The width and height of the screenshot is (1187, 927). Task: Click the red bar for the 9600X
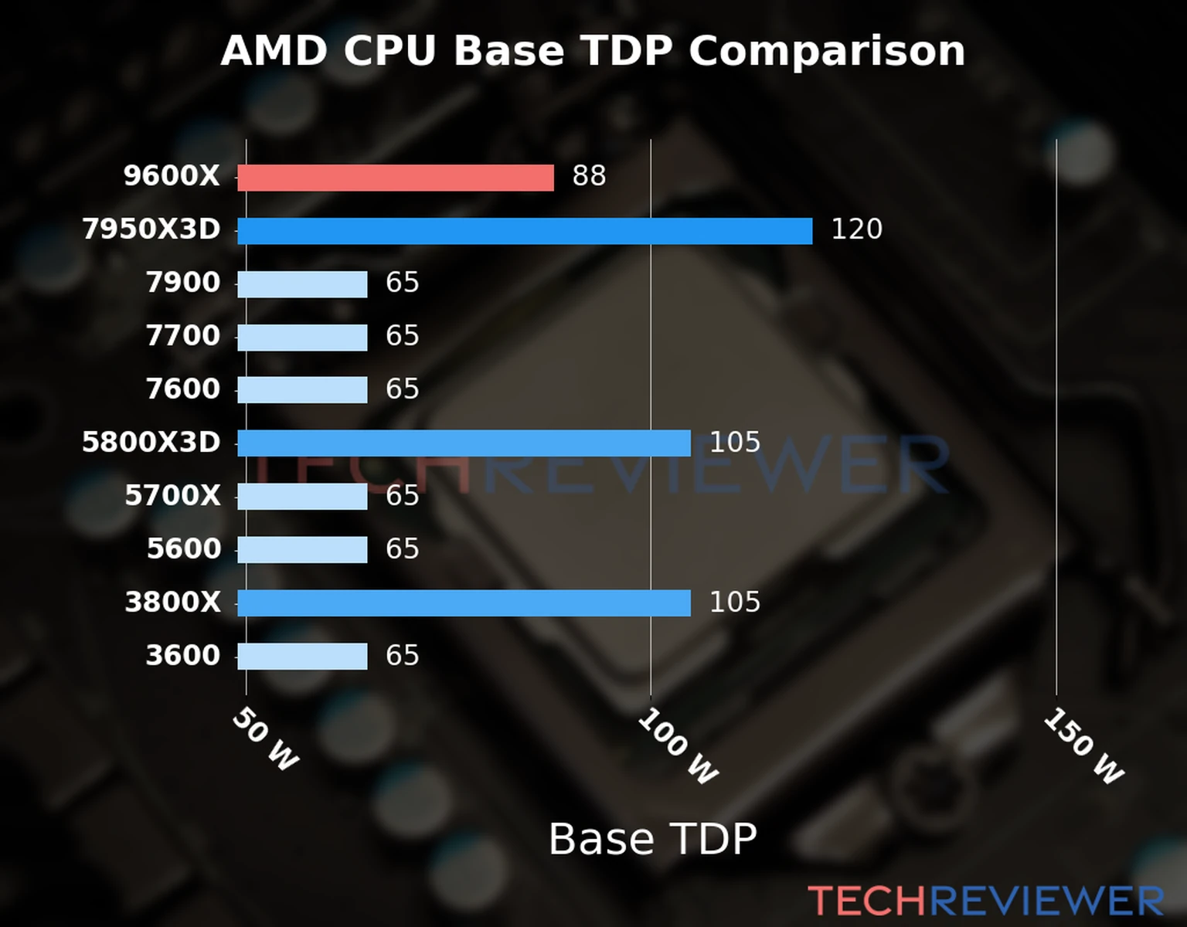click(x=395, y=178)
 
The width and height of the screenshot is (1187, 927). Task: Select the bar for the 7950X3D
click(x=525, y=231)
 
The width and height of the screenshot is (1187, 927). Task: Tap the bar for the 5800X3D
click(x=464, y=443)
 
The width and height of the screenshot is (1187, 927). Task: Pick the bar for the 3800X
click(x=464, y=603)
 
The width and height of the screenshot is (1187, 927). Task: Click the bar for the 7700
click(x=302, y=338)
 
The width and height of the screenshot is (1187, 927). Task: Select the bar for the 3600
click(x=302, y=657)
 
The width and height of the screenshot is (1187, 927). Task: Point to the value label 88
click(x=589, y=176)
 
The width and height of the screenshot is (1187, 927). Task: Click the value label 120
click(x=856, y=229)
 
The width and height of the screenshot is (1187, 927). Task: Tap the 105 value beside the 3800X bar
click(x=735, y=602)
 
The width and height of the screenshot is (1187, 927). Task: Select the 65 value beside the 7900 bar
click(x=402, y=283)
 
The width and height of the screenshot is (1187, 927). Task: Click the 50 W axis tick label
click(x=265, y=739)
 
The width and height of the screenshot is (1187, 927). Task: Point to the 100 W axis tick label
click(x=678, y=746)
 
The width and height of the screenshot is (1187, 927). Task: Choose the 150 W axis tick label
click(x=1083, y=746)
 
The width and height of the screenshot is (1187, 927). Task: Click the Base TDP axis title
click(x=652, y=839)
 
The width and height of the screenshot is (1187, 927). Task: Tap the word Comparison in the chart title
click(x=827, y=52)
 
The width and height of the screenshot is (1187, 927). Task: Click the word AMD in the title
click(x=274, y=52)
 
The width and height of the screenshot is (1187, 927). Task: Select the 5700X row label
click(x=172, y=496)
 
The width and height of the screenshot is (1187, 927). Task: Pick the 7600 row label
click(x=183, y=389)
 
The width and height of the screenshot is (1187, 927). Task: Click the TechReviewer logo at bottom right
click(x=985, y=901)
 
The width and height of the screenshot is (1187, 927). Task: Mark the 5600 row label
click(x=184, y=549)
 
